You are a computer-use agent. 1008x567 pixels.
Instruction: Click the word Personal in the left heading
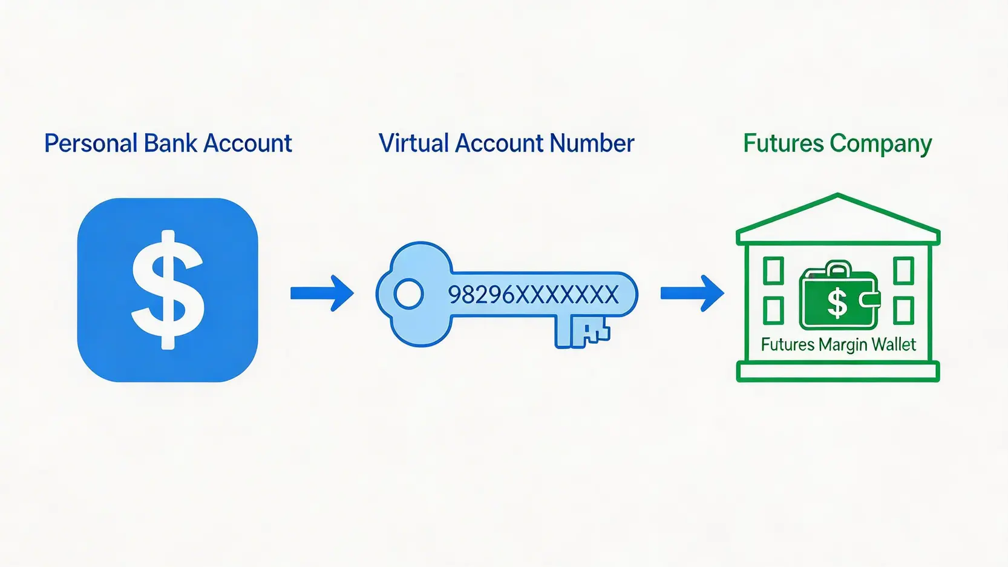tap(91, 144)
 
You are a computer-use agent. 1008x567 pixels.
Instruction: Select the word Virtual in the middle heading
tap(414, 143)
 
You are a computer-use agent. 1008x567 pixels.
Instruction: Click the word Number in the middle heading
tap(592, 143)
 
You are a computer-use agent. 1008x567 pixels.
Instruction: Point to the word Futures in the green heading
tap(783, 143)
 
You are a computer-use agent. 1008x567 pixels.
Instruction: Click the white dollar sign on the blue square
tap(168, 289)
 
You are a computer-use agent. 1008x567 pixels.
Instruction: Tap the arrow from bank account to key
tap(321, 293)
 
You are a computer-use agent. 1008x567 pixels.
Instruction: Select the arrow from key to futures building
tap(692, 293)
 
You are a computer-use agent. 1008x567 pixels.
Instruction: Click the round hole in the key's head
tap(408, 294)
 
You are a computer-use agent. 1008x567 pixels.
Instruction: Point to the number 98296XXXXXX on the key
tap(533, 295)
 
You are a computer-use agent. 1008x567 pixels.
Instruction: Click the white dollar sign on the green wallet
tap(837, 303)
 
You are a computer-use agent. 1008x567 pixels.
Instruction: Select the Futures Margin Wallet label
tap(838, 344)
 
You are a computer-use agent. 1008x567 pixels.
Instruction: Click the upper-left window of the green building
tap(773, 270)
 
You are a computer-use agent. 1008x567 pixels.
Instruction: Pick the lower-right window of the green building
tap(903, 310)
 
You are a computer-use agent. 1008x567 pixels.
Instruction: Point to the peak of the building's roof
tap(838, 197)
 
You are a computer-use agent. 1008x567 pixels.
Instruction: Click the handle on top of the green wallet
tap(838, 266)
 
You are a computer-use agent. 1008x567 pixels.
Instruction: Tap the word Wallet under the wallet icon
tap(894, 344)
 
